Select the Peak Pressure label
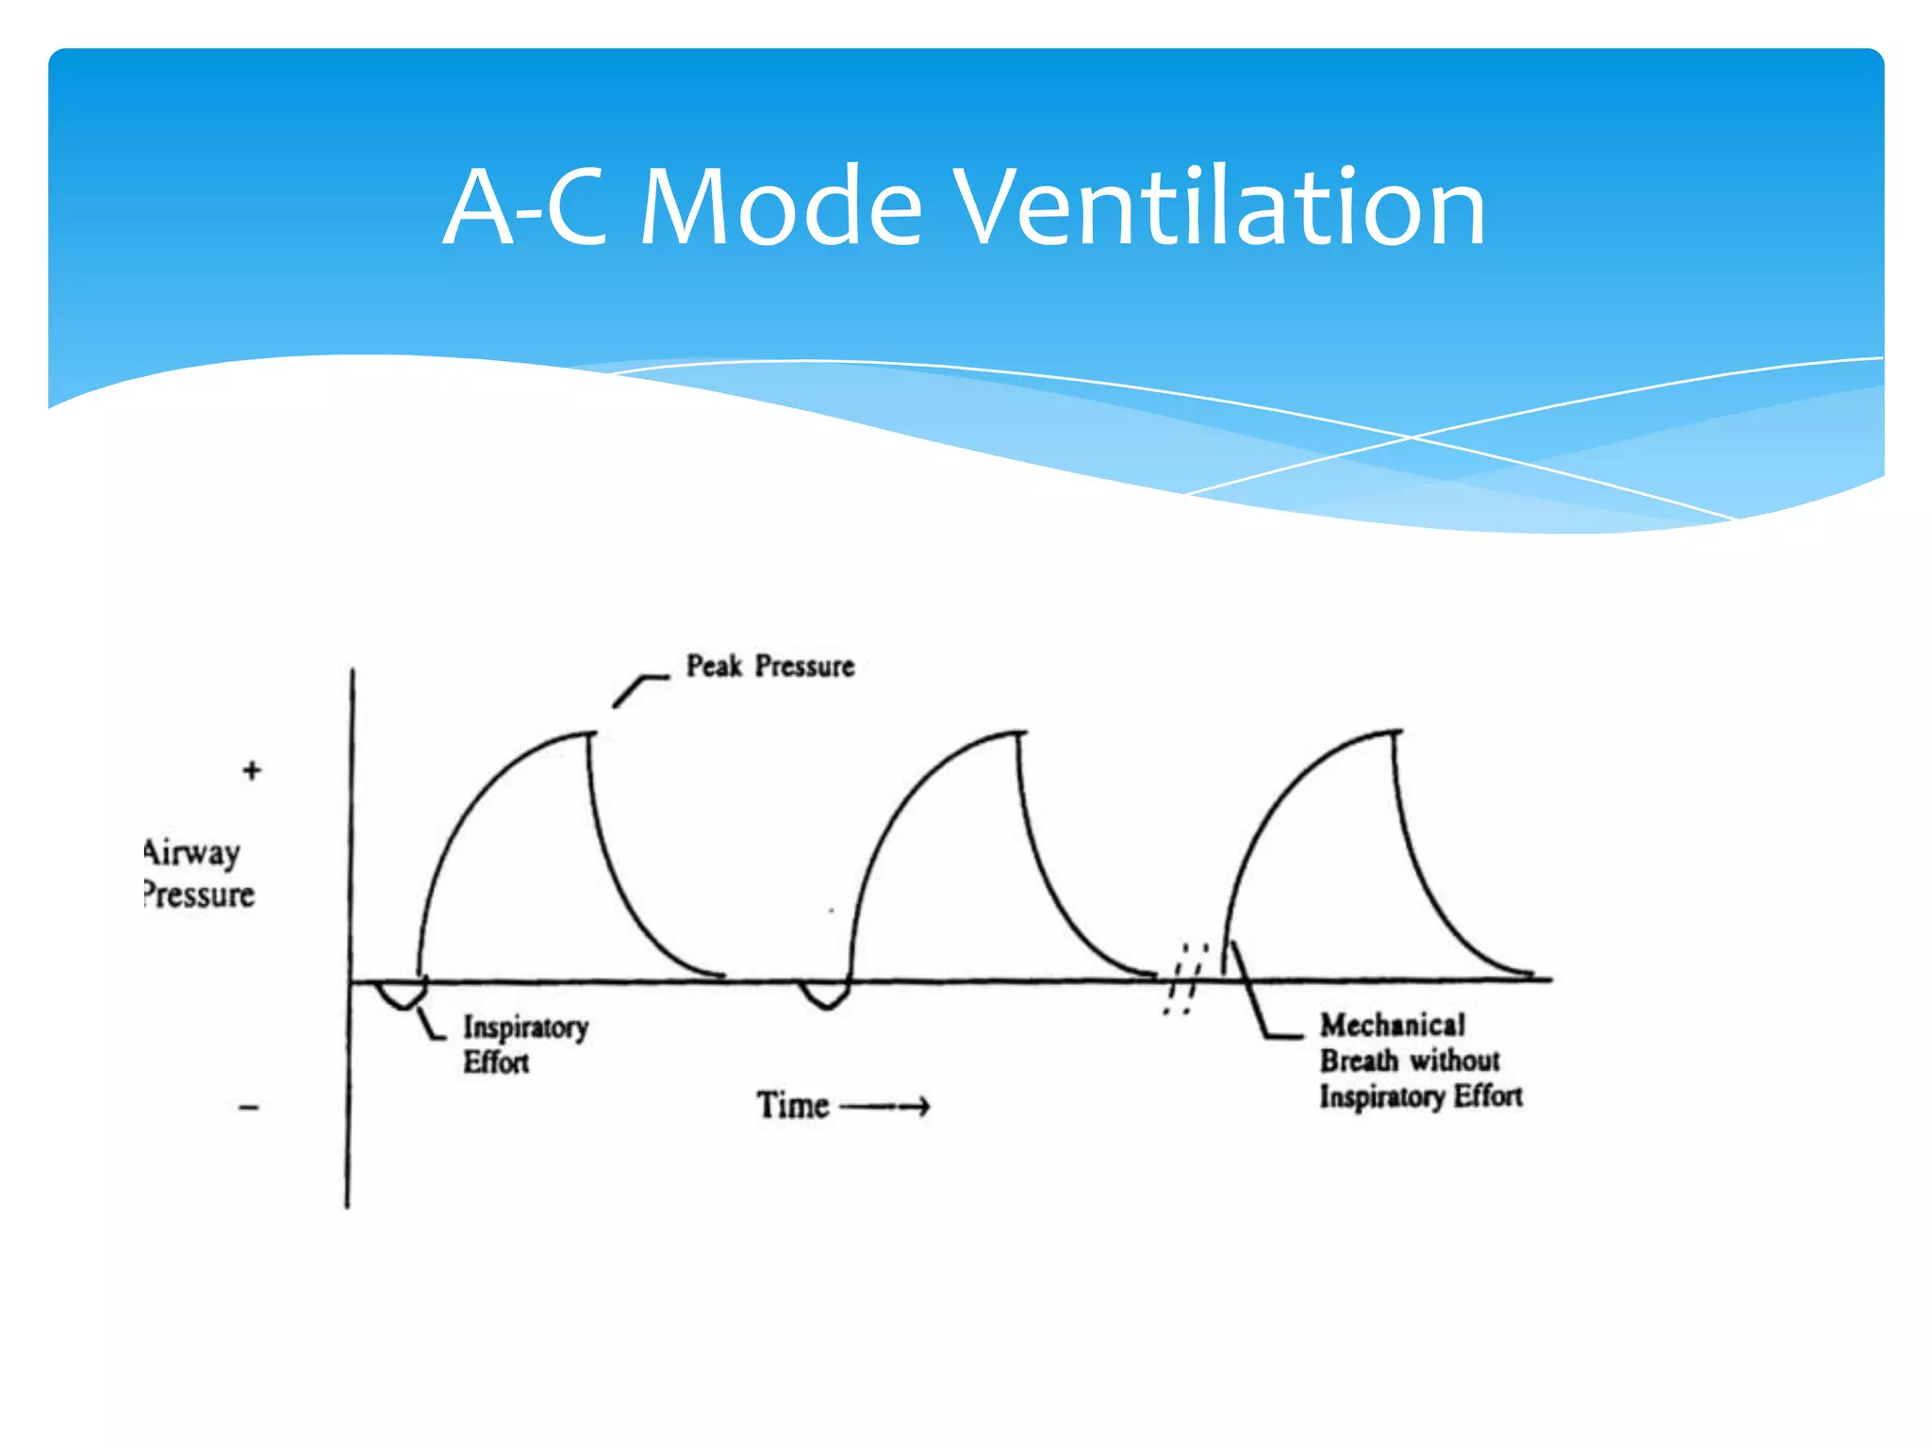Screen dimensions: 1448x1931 coord(769,666)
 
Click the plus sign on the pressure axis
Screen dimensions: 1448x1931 coord(252,770)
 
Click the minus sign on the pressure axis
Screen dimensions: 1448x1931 coord(249,1108)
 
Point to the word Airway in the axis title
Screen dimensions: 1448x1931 coord(192,852)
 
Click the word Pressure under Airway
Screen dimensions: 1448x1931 coord(199,895)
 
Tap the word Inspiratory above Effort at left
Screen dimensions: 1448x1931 coord(525,1027)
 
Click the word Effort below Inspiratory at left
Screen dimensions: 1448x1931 coord(496,1063)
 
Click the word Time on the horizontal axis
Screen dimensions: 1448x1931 coord(792,1106)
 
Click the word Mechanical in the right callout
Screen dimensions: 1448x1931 coord(1392,1025)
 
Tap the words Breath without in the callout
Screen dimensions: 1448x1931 coord(1409,1061)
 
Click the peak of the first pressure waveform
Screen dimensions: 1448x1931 coord(590,734)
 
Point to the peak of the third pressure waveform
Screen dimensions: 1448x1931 coord(1395,732)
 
